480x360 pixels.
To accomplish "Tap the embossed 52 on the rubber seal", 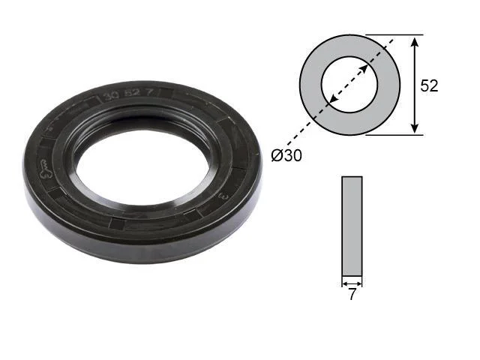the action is click(x=132, y=94).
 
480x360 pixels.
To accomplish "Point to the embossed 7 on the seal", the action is click(x=149, y=92).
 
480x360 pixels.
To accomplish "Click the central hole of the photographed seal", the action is click(x=143, y=166).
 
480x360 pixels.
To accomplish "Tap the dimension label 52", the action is click(x=429, y=85).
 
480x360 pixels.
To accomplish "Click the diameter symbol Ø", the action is click(x=277, y=155).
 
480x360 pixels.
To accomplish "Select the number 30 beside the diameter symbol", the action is click(x=293, y=155).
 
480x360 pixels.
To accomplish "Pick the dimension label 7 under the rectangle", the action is click(x=352, y=295).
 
